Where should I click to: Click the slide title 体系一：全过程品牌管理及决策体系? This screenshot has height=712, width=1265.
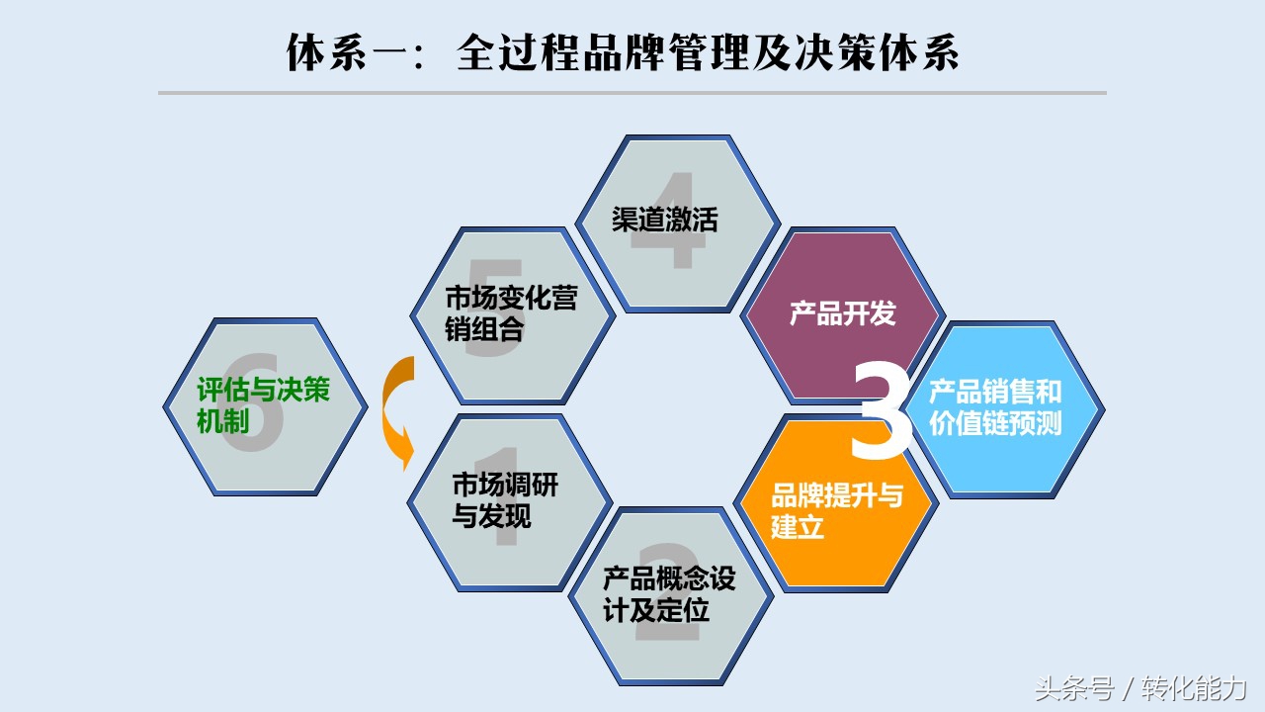[x=623, y=52]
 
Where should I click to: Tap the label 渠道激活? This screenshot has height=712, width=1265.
[x=665, y=220]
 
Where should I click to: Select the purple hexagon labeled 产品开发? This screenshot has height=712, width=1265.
[x=843, y=315]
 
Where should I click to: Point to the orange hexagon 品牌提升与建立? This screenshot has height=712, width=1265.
[x=836, y=504]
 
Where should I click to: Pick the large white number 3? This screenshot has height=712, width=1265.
[x=881, y=409]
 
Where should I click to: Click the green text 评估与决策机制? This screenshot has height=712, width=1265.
[x=263, y=405]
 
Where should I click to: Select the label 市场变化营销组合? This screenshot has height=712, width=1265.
[x=511, y=313]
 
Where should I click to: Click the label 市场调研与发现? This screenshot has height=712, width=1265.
[x=505, y=500]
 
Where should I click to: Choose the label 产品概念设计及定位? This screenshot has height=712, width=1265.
[x=669, y=594]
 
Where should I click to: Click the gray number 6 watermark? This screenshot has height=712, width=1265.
[x=252, y=402]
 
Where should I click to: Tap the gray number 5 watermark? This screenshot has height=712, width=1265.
[x=494, y=308]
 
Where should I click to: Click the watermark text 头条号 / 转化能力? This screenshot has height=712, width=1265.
[x=1140, y=688]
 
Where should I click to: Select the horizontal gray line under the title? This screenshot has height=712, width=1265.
[x=632, y=93]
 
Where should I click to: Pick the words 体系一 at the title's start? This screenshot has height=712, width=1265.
[x=347, y=52]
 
